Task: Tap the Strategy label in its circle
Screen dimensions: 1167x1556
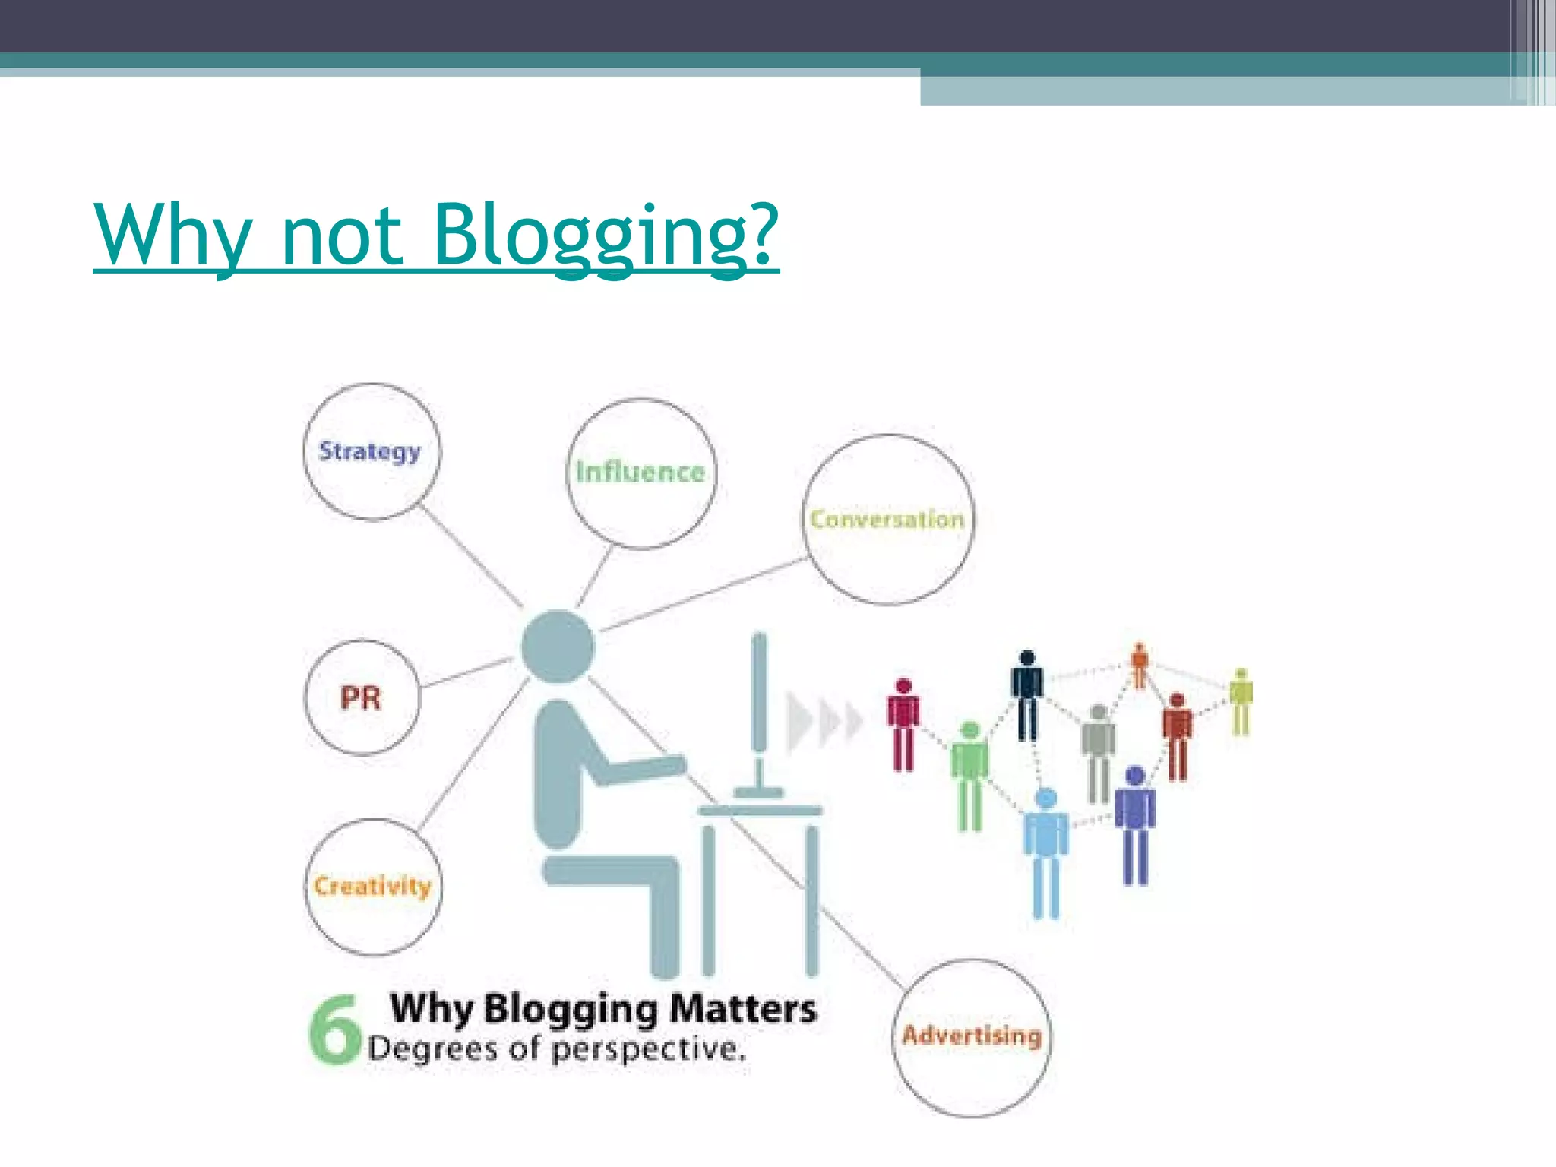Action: pyautogui.click(x=370, y=451)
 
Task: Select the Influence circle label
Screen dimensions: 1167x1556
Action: pyautogui.click(x=640, y=472)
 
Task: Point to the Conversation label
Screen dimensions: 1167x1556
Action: pyautogui.click(x=887, y=520)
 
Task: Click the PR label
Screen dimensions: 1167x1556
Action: pyautogui.click(x=361, y=697)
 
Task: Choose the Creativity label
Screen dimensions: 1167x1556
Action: pyautogui.click(x=372, y=886)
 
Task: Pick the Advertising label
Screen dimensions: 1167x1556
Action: pyautogui.click(x=972, y=1036)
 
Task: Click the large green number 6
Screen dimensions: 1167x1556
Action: pyautogui.click(x=334, y=1030)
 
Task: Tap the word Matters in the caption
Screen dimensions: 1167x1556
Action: pyautogui.click(x=743, y=1010)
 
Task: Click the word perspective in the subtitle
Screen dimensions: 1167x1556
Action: pyautogui.click(x=648, y=1049)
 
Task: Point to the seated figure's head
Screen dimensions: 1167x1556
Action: pyautogui.click(x=558, y=647)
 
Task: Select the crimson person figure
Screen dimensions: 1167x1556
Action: pyautogui.click(x=903, y=724)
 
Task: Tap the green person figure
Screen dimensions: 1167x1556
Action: pyautogui.click(x=969, y=775)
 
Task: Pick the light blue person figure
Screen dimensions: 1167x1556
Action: pyautogui.click(x=1046, y=851)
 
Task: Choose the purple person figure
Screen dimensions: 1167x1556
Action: pyautogui.click(x=1135, y=824)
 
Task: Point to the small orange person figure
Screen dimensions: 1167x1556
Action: pyautogui.click(x=1139, y=664)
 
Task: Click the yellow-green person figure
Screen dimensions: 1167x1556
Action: pyautogui.click(x=1241, y=701)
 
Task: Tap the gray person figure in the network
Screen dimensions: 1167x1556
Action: pyautogui.click(x=1098, y=752)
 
